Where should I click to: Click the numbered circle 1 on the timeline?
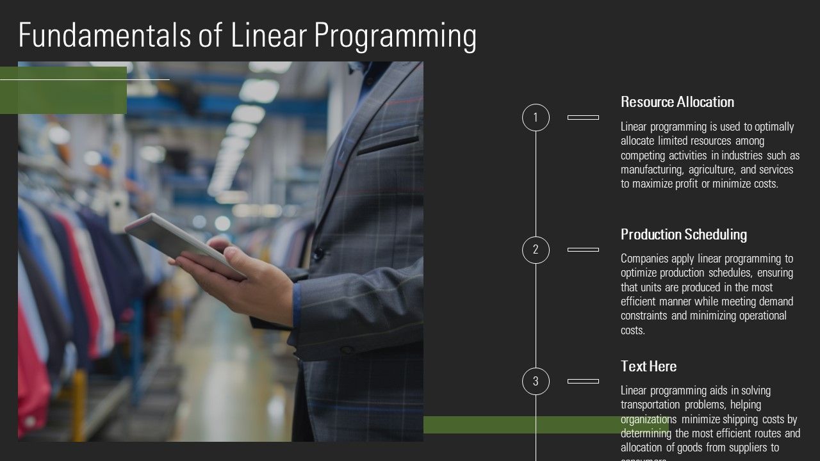click(x=536, y=118)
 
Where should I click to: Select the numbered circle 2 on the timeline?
click(x=536, y=250)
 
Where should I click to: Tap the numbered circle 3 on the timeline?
click(x=536, y=382)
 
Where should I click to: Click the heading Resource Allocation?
click(x=677, y=102)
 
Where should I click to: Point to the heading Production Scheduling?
click(x=684, y=234)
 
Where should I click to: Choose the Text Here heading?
click(x=648, y=366)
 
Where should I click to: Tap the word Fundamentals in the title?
click(x=104, y=36)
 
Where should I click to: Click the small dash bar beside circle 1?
click(x=583, y=118)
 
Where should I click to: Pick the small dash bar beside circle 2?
click(x=583, y=250)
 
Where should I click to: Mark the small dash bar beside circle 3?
click(x=583, y=382)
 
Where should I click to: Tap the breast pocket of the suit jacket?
click(x=387, y=140)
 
